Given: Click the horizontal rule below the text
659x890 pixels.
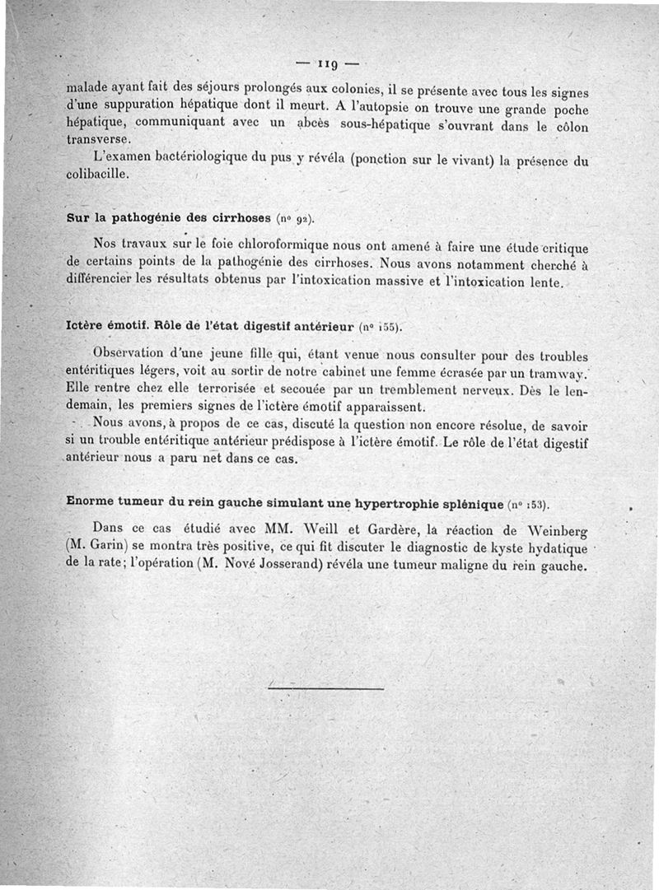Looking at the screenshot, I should coord(327,687).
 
